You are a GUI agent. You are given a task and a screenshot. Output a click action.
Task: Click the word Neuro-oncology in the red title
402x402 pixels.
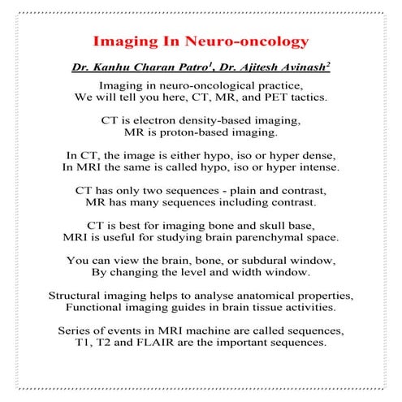click(x=248, y=40)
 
